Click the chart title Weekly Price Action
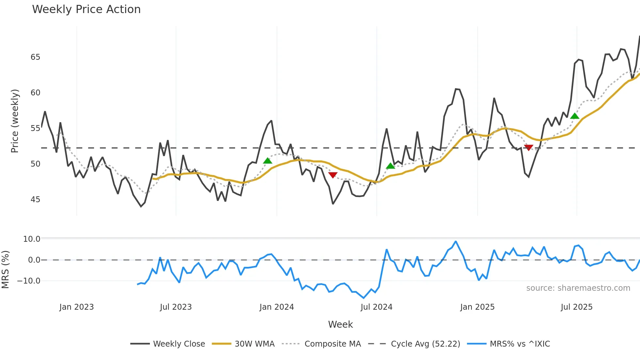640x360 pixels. coord(86,9)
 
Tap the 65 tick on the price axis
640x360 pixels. coord(35,57)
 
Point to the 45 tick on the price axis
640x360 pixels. coord(35,200)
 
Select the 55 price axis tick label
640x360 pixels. coord(35,128)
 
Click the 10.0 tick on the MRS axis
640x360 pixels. coord(32,239)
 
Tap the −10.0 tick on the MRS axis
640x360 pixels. coord(29,281)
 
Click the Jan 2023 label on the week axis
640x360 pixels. coord(76,307)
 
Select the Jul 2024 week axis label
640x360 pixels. coord(376,307)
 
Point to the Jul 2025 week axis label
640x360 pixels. coord(577,307)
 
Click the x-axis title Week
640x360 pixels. coord(340,324)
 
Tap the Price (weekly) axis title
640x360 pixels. coord(15,121)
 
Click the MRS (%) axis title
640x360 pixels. coord(5,270)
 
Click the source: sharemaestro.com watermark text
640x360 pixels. coord(578,288)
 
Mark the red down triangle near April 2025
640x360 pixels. coord(528,148)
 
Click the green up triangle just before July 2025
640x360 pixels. coord(575,116)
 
